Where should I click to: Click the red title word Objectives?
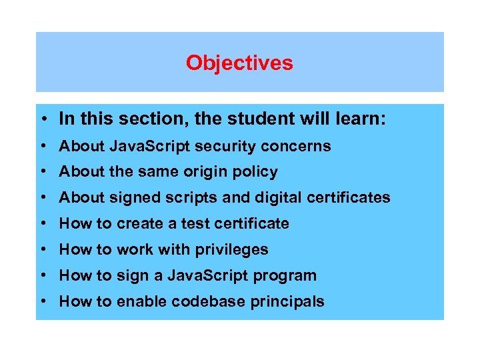(239, 63)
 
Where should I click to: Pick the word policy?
(253, 172)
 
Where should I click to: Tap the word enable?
(141, 302)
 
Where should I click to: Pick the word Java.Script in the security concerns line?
(140, 146)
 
